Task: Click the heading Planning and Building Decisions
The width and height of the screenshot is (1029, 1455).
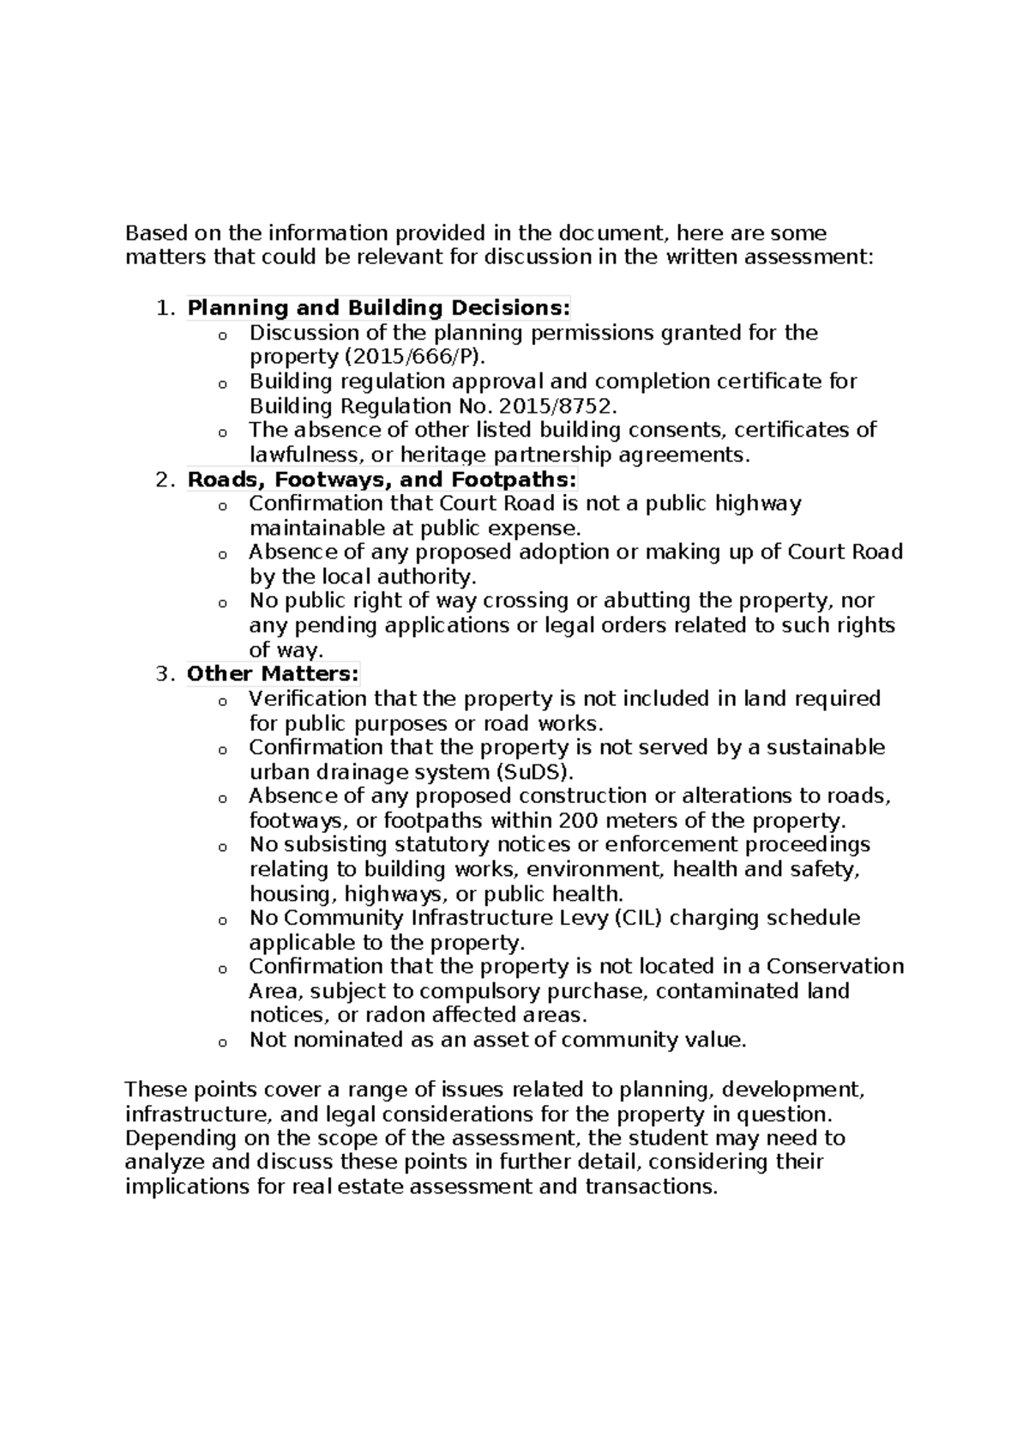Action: coord(378,308)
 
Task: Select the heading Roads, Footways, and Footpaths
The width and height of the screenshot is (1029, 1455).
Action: coord(382,480)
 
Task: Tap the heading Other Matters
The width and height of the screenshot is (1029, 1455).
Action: coord(274,674)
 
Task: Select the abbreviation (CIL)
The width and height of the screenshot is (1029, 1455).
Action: coord(638,918)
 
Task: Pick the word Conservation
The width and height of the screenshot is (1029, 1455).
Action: coord(835,967)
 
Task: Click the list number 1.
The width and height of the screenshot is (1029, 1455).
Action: coord(165,308)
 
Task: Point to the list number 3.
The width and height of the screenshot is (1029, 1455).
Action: coord(165,674)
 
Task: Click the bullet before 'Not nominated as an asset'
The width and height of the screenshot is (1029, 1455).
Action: coord(222,1042)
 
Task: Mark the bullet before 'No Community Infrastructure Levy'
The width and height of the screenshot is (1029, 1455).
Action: coord(222,921)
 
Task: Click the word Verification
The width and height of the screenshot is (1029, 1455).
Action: coord(307,698)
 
